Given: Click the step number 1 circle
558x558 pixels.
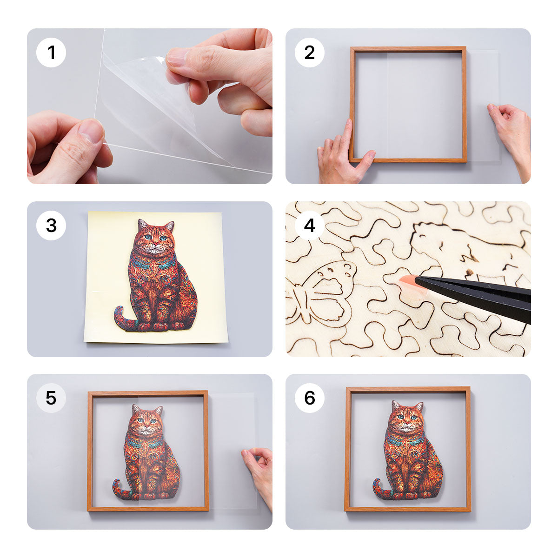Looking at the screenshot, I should click(51, 53).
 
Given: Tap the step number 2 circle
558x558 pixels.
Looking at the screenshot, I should click(310, 53).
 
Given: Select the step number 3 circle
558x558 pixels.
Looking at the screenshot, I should click(51, 226).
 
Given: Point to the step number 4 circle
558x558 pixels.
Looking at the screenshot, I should click(310, 226).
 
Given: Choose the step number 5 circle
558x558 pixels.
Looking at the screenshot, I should click(51, 398).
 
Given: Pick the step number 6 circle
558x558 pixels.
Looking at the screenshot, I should click(310, 398).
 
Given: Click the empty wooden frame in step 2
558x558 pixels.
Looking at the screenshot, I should click(408, 49).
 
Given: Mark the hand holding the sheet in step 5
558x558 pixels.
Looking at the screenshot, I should click(258, 470).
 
